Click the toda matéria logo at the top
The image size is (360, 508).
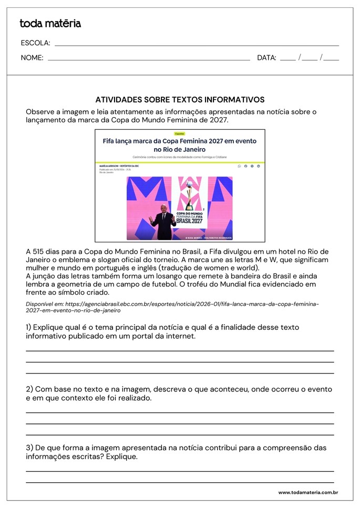coord(50,23)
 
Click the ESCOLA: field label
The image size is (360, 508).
coord(35,43)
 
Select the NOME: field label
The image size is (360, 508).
coord(32,58)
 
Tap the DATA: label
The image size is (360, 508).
coord(266,58)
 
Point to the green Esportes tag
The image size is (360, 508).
coord(180,134)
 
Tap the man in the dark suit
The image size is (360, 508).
coord(163,222)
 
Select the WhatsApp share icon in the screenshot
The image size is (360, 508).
coord(239,166)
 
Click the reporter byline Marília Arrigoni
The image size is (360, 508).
coord(115,166)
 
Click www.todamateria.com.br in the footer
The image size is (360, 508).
coord(307,493)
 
